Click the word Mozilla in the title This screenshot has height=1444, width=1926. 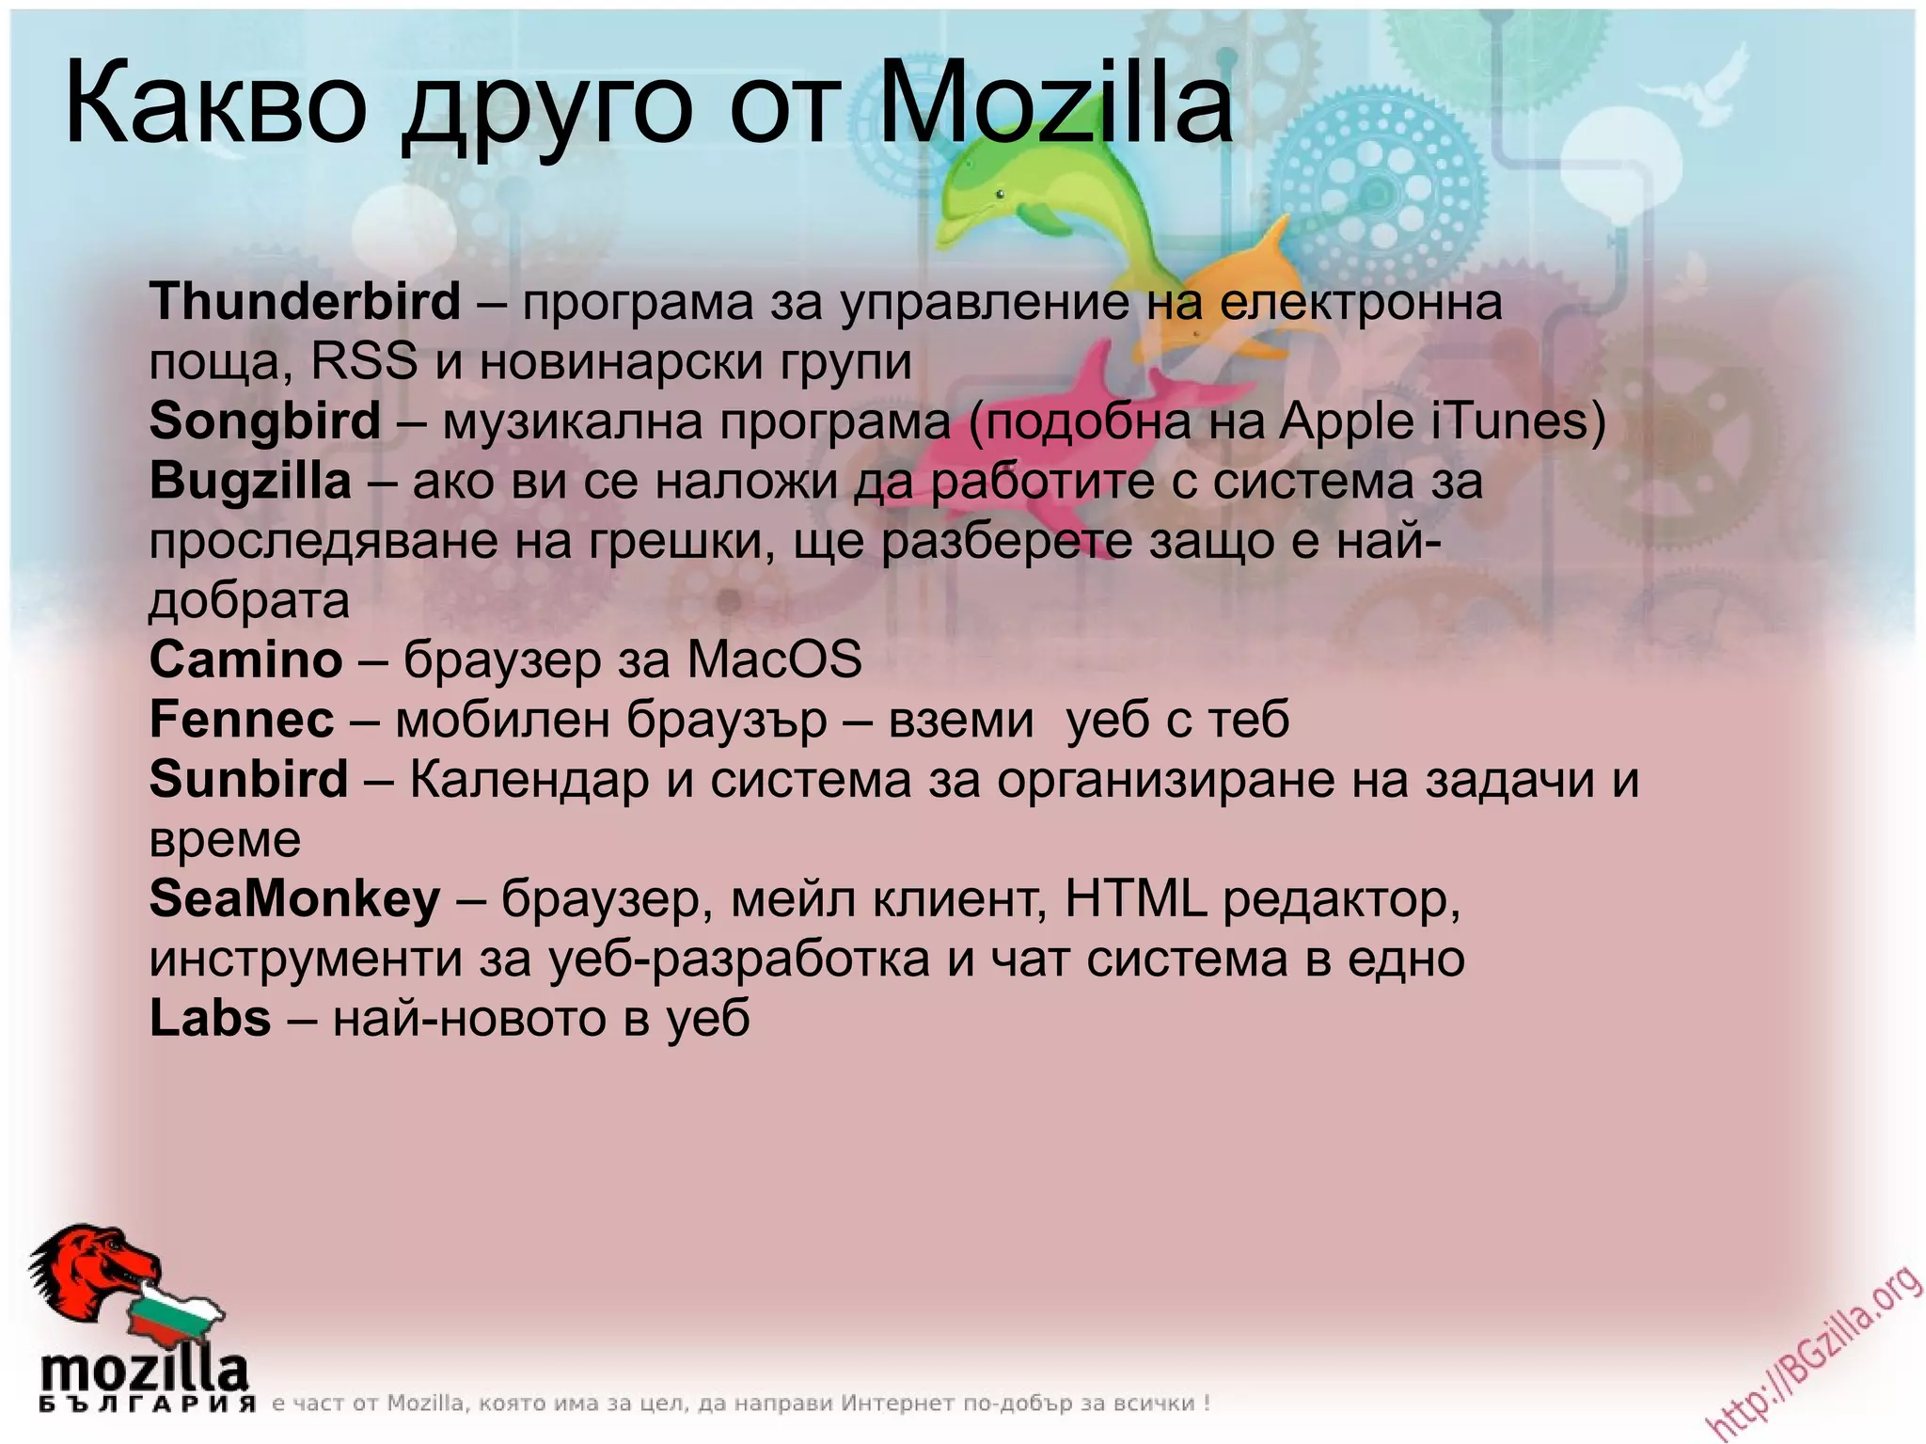1054,103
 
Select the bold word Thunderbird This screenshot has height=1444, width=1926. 305,301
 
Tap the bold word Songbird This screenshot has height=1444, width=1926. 264,421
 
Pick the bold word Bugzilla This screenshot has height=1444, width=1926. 250,481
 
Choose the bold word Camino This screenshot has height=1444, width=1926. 245,659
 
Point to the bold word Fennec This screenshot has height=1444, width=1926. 242,720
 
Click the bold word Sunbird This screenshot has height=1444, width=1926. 248,780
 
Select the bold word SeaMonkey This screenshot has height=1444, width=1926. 294,899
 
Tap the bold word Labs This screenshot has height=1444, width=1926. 210,1019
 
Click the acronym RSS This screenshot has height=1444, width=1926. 364,361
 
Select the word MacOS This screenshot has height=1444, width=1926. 774,659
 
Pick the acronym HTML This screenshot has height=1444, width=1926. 1135,899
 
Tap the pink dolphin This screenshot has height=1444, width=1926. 1016,433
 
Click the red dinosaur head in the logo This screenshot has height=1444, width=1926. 94,1270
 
